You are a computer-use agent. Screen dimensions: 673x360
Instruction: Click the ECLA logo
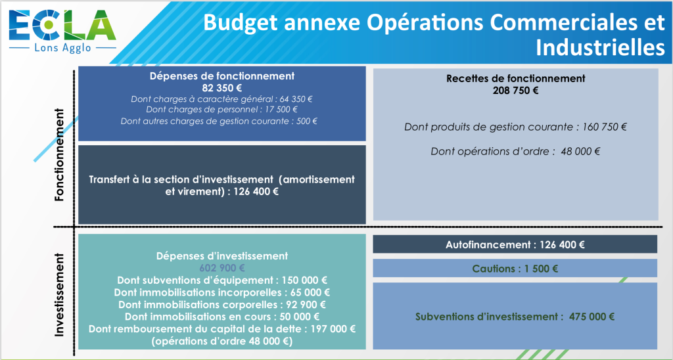coord(62,31)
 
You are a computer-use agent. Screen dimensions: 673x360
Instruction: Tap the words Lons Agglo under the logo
coord(62,48)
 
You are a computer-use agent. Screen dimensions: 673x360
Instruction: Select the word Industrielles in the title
coord(601,47)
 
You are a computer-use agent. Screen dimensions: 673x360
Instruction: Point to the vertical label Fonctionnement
coord(59,155)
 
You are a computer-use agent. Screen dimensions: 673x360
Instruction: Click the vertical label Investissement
coord(59,295)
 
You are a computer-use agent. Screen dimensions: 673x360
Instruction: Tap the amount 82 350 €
coord(222,88)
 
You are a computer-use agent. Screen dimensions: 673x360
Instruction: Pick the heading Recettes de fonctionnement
coord(515,79)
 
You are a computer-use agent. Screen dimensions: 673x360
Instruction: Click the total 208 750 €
coord(515,91)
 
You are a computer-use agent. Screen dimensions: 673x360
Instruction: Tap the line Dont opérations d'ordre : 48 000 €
coord(515,152)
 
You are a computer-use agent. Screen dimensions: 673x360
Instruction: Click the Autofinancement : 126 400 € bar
coord(515,244)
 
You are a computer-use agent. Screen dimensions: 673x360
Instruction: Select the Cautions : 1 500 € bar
coord(515,269)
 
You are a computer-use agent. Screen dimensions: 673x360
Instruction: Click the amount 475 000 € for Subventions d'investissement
coord(592,317)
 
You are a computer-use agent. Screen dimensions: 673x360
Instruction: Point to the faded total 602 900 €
coord(222,268)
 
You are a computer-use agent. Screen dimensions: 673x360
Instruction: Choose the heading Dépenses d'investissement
coord(222,256)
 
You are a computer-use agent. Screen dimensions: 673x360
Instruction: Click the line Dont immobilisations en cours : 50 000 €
coord(222,317)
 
